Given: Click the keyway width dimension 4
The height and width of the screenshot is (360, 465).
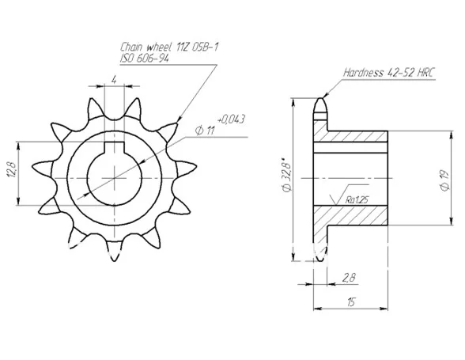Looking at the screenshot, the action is [x=114, y=80].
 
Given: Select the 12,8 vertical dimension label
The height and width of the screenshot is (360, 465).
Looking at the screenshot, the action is [x=13, y=169].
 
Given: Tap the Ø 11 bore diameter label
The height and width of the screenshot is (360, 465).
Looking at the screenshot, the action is [x=205, y=131].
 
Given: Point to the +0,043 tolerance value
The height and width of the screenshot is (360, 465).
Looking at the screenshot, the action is [x=231, y=119].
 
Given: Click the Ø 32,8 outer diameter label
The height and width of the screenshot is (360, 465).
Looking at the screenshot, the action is [x=287, y=173].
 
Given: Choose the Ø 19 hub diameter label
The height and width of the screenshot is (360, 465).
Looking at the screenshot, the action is [x=444, y=180].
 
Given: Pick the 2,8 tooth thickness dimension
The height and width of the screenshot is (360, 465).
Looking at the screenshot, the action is [x=349, y=278].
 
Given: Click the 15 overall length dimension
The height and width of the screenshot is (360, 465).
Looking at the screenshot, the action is [x=350, y=301].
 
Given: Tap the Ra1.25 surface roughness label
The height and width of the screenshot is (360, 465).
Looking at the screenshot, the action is [x=357, y=199].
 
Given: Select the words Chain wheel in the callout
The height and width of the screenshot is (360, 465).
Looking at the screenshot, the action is [x=146, y=47].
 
